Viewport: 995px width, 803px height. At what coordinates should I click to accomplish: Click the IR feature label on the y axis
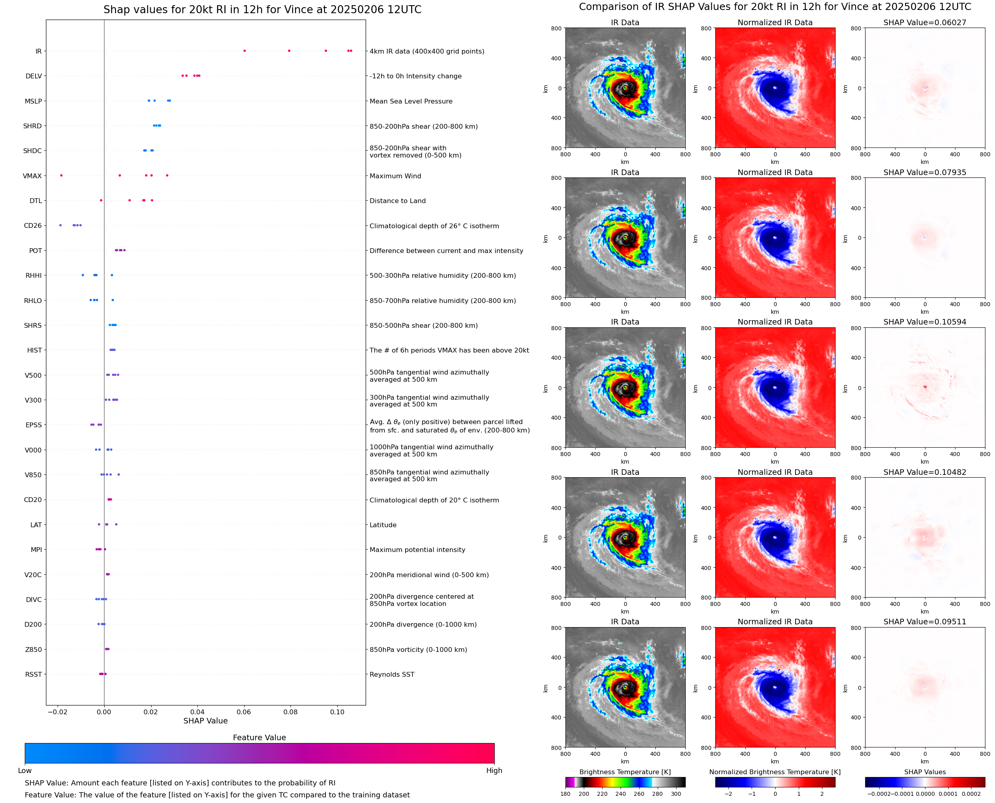pos(38,51)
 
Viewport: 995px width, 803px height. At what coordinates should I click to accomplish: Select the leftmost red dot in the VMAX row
pos(61,175)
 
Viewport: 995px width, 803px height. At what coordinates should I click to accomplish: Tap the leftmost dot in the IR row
pos(245,51)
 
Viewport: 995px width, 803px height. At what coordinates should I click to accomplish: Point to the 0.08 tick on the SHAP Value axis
pos(291,712)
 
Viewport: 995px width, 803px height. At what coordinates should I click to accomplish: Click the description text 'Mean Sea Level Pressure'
pos(410,101)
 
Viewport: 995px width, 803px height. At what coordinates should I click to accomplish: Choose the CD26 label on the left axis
pos(33,226)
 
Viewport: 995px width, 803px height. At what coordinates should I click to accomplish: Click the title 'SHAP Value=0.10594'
pos(924,322)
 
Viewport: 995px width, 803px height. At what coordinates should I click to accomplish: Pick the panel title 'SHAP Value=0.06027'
pos(924,23)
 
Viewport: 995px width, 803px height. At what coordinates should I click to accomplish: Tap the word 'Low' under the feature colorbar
pos(24,771)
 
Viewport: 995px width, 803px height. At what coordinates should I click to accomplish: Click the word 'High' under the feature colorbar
pos(494,771)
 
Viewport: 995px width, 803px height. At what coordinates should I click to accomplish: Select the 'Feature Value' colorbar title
pos(259,738)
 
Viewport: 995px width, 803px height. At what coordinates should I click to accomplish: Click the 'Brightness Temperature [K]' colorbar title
pos(625,772)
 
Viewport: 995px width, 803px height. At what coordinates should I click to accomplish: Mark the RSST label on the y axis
pos(33,674)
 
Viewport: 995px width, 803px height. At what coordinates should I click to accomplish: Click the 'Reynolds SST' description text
pos(392,674)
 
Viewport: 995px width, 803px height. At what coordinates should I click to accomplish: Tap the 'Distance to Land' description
pos(397,201)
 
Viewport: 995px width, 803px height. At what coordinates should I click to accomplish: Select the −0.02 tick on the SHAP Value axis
pos(57,712)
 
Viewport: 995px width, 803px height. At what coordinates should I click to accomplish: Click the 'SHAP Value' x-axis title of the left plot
pos(205,721)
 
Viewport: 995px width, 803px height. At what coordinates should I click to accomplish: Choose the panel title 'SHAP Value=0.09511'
pos(924,622)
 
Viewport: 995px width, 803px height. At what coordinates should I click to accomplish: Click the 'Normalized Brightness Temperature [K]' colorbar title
pos(774,772)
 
